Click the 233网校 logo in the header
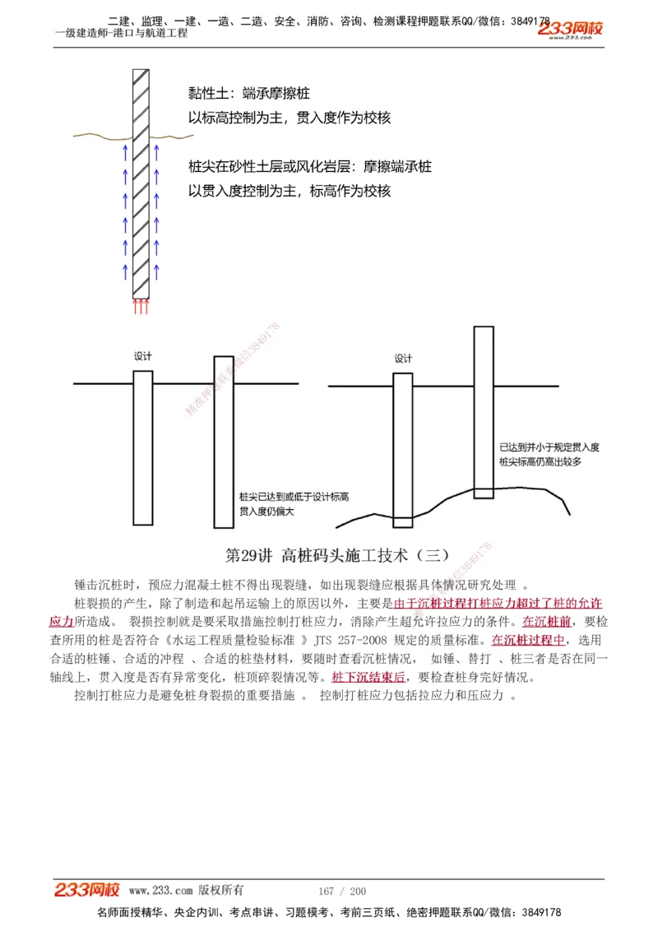(570, 30)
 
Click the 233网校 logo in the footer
(87, 890)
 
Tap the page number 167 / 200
(342, 891)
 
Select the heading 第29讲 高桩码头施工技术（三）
(337, 555)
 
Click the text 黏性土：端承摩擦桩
(249, 94)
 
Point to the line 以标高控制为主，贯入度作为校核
(290, 118)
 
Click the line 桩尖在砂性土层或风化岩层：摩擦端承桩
(310, 167)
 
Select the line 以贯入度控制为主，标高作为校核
(290, 191)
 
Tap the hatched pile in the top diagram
(141, 181)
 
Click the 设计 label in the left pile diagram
(143, 356)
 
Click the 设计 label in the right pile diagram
(403, 359)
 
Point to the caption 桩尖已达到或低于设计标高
(294, 498)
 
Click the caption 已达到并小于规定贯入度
(549, 447)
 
